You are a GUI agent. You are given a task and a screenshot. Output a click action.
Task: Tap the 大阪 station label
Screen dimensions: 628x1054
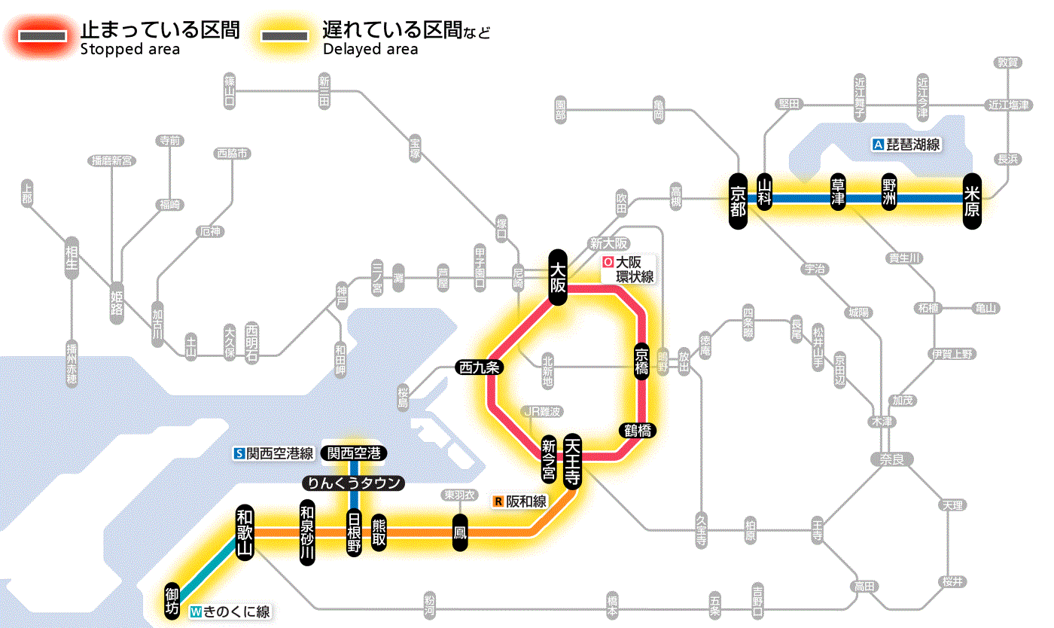[x=557, y=277]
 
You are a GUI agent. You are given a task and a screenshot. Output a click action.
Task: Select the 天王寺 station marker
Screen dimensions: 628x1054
[x=572, y=462]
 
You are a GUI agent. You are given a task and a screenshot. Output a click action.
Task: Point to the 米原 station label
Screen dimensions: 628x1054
[x=972, y=200]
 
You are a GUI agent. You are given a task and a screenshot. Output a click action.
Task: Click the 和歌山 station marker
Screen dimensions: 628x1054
[x=245, y=532]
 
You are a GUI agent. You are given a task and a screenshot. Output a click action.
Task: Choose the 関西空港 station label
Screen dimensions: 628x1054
[x=354, y=453]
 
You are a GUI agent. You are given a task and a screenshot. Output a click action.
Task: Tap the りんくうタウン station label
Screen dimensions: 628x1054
[x=353, y=483]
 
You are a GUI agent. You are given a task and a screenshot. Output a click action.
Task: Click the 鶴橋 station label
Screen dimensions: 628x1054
[x=638, y=431]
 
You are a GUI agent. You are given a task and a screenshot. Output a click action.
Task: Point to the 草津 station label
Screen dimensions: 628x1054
[x=838, y=193]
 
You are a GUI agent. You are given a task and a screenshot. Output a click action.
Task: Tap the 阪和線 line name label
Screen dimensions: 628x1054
[x=521, y=501]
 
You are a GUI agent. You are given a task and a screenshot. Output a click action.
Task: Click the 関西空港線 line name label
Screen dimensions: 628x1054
[x=274, y=453]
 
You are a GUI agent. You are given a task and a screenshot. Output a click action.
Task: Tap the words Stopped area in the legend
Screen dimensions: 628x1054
[x=129, y=50]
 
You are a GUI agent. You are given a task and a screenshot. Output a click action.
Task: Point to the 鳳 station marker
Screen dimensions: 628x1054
[x=459, y=532]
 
